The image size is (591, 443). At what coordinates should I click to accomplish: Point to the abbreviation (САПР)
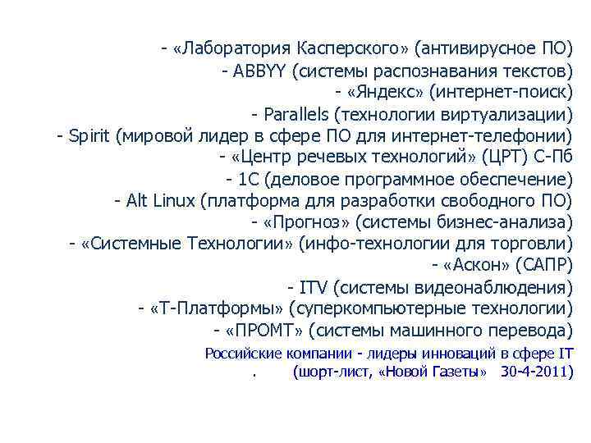(x=547, y=266)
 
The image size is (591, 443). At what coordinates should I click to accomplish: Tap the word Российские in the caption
(x=242, y=354)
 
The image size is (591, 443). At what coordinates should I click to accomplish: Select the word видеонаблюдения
(x=506, y=288)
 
